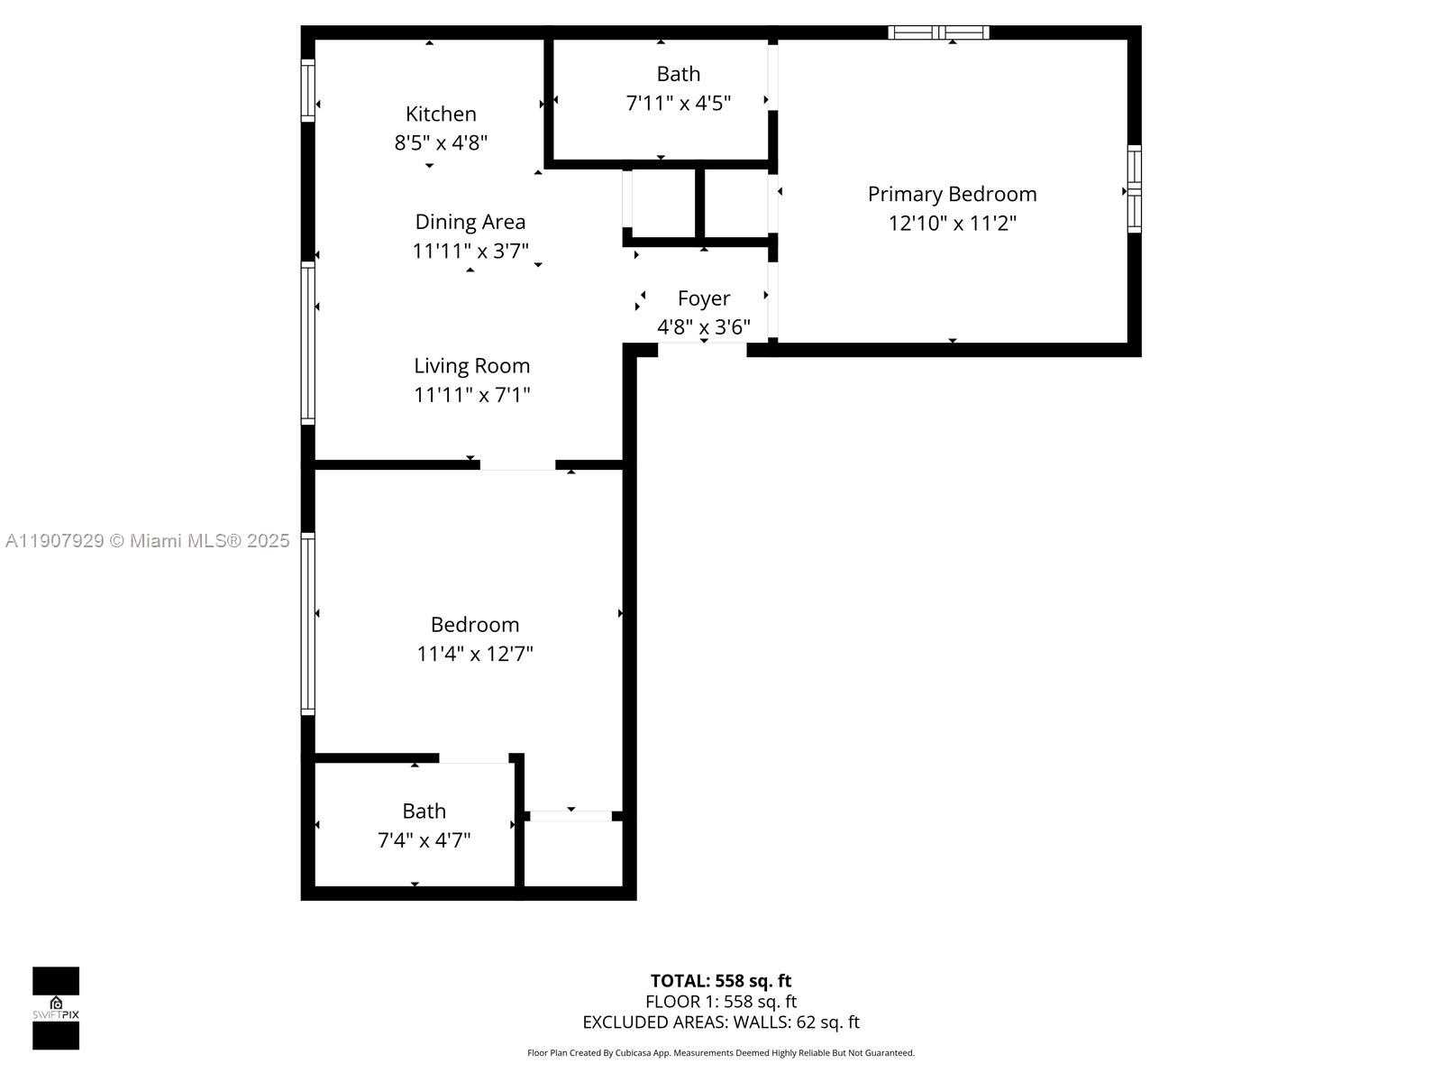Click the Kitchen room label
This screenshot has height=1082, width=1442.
[441, 114]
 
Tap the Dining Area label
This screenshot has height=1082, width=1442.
[470, 222]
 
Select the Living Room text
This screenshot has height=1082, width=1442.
[471, 366]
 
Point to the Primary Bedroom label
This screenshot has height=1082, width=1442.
[952, 194]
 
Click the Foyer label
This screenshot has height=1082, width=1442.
[703, 298]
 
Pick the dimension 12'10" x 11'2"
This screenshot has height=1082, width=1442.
[952, 223]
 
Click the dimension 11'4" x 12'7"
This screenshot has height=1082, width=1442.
[474, 654]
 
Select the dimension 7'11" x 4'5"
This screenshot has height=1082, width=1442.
[678, 103]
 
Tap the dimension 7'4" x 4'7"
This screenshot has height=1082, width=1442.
[424, 840]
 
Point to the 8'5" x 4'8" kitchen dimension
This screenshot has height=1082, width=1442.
[441, 142]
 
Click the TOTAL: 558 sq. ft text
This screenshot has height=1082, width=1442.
[721, 981]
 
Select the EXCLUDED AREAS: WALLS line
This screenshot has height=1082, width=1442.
[721, 1022]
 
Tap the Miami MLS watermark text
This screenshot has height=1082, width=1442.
[147, 541]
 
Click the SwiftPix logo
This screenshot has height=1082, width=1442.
[56, 1008]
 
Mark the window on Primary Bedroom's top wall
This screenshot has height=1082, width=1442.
[938, 32]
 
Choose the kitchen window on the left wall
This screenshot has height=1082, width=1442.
[307, 90]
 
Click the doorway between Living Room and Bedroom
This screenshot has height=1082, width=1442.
[517, 465]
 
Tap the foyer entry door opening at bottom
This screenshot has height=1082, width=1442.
[702, 350]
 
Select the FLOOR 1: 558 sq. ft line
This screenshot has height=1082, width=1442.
[721, 1002]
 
